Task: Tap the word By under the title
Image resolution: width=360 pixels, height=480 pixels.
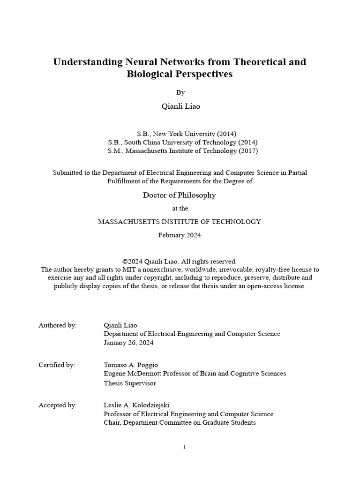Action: coord(180,93)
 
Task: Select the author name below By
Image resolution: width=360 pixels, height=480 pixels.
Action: coord(180,106)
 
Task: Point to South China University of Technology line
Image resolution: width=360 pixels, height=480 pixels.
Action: coord(182,142)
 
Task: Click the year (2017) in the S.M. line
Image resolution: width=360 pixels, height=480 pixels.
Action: coord(248,151)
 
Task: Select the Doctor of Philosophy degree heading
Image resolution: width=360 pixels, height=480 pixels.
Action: coord(180,195)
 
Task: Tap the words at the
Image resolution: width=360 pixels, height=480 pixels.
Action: coord(180,209)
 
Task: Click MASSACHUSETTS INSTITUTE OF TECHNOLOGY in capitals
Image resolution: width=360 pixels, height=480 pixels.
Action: coord(180,222)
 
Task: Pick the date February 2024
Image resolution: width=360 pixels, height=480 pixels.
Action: coord(180,235)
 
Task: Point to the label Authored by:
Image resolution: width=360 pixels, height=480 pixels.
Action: coord(58,325)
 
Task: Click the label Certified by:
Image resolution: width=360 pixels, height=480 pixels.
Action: coord(57,365)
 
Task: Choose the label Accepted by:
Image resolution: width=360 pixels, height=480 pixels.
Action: coord(58,405)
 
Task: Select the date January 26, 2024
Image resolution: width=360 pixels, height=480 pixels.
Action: coord(128,343)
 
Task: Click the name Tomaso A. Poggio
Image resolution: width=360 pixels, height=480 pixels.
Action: coord(131,365)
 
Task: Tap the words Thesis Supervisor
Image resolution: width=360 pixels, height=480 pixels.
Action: coord(130,383)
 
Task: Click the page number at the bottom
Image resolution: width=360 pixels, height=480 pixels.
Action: coord(184,447)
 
